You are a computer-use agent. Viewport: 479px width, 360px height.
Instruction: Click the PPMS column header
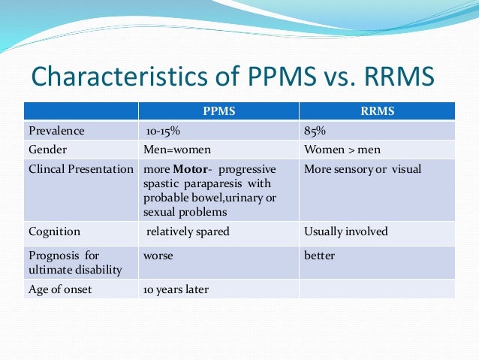click(x=218, y=112)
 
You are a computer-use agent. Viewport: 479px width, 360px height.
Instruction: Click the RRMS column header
click(x=378, y=112)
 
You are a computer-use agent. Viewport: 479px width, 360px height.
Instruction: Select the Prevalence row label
click(x=56, y=131)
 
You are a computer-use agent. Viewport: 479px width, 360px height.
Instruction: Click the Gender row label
click(x=48, y=149)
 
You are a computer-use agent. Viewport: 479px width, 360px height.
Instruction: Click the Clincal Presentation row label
click(x=81, y=169)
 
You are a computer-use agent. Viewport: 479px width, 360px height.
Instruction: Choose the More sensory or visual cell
click(x=363, y=169)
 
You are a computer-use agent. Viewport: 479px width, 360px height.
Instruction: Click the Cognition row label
click(x=54, y=231)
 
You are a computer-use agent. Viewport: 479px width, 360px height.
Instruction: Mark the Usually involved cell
click(x=345, y=231)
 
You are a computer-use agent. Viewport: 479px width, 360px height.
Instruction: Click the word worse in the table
click(x=158, y=256)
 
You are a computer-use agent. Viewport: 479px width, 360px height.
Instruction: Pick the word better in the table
click(x=318, y=256)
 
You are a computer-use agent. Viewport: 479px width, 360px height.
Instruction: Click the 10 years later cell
click(x=176, y=289)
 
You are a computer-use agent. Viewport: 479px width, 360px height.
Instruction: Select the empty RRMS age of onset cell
click(x=377, y=289)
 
